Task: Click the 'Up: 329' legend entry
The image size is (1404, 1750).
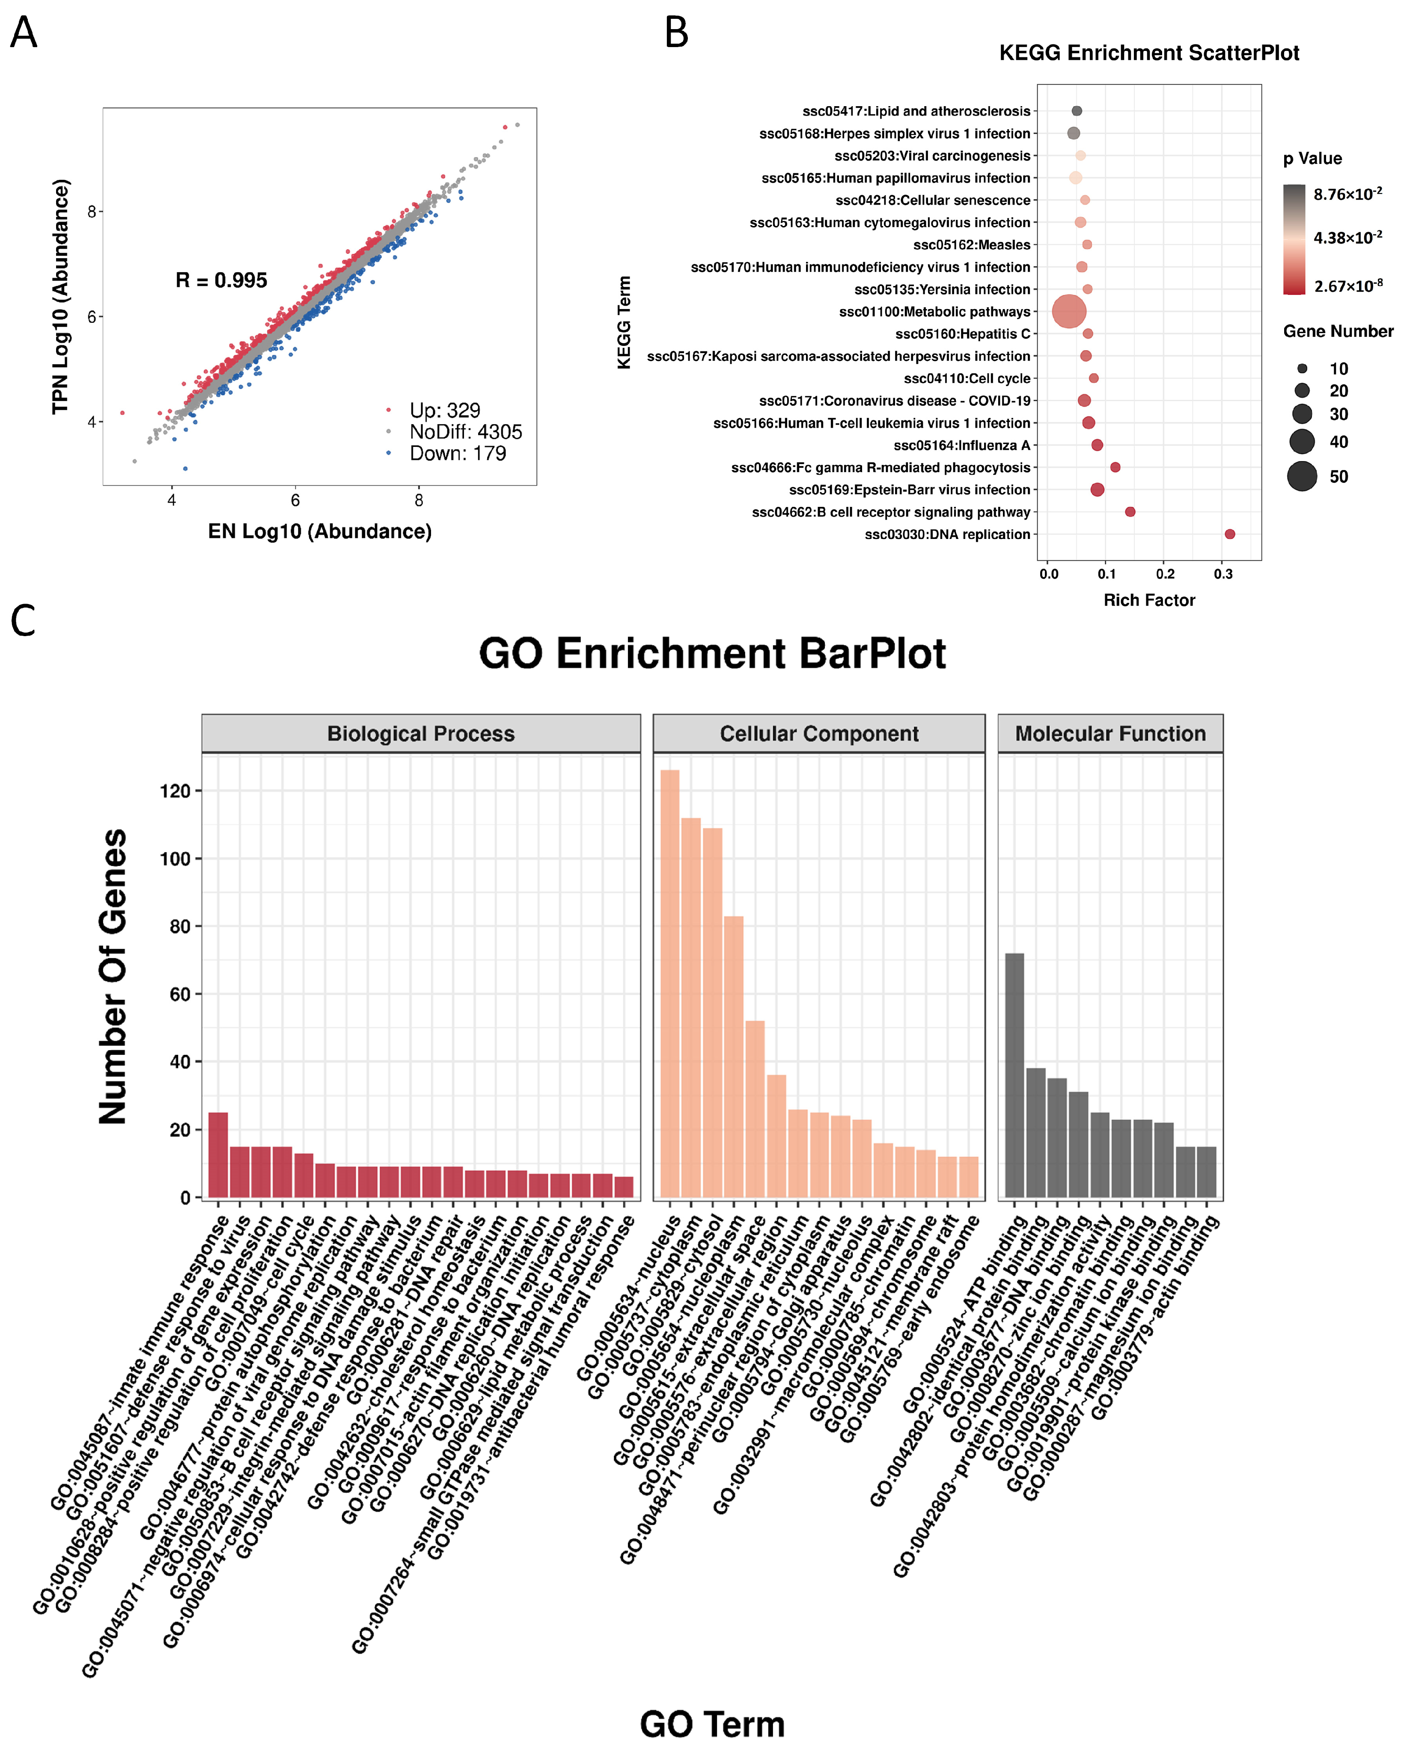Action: coord(444,410)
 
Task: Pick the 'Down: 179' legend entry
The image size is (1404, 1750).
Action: coord(457,454)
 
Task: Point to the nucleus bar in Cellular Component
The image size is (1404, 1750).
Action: coord(669,982)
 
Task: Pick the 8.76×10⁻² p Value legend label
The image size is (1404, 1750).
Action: coord(1347,194)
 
